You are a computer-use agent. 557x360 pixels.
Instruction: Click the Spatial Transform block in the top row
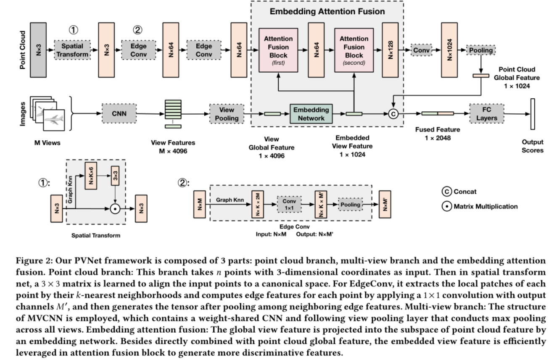point(72,50)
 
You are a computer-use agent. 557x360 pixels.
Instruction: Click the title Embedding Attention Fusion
point(327,11)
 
